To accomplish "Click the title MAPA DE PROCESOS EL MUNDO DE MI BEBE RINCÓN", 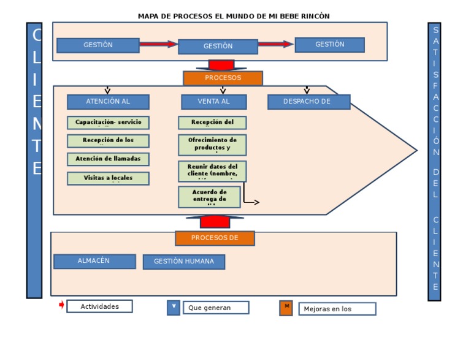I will click(233, 16).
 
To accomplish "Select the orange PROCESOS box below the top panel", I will click(223, 78).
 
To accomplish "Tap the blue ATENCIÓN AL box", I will click(108, 102).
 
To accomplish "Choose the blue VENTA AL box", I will click(213, 102).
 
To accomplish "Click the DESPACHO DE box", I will click(308, 102).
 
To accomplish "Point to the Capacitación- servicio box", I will click(108, 123).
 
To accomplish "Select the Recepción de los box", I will click(108, 141).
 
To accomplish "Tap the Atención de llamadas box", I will click(108, 159).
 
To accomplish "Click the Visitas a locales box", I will click(108, 178).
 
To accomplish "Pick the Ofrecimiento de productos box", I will click(212, 145).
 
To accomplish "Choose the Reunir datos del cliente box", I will click(212, 172).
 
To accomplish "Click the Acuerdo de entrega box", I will click(209, 197).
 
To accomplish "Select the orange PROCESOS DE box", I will click(215, 238).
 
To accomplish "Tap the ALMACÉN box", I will click(94, 261).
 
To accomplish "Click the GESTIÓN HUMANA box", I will click(184, 262).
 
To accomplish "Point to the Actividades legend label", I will click(99, 306).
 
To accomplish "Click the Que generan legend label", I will click(216, 308).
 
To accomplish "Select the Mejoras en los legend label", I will click(337, 309).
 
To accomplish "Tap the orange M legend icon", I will click(286, 308).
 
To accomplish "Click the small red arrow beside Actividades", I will click(61, 305).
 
